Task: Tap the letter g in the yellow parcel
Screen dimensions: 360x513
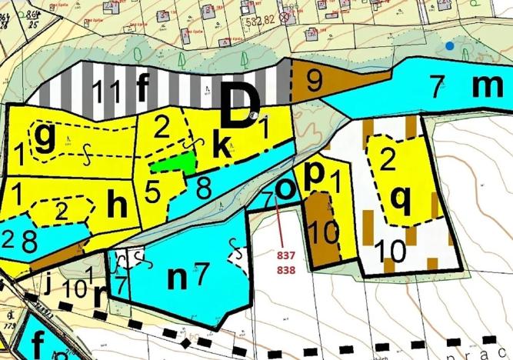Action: coord(45,139)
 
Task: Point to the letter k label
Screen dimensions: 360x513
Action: coord(222,147)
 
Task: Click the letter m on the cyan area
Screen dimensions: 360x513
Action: coord(486,86)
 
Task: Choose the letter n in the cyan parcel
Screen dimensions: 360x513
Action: coord(178,275)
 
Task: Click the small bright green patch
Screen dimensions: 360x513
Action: coord(172,162)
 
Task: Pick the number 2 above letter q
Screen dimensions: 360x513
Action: coord(388,160)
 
